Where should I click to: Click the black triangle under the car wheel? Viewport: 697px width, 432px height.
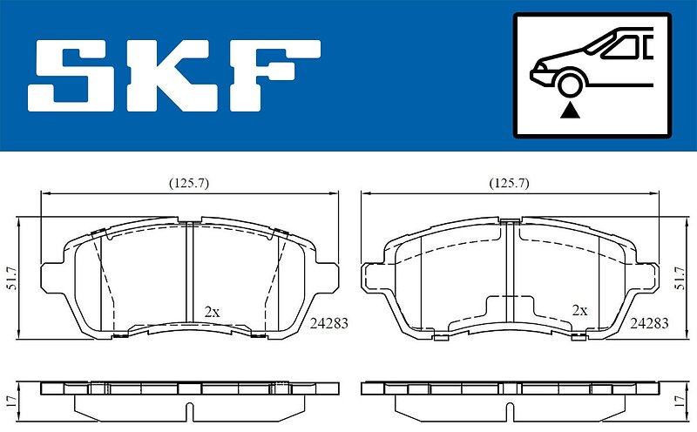point(570,111)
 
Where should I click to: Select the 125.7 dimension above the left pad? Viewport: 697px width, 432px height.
point(189,183)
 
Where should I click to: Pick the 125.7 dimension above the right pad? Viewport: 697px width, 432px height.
point(510,183)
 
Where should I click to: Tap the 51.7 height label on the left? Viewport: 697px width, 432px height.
point(12,278)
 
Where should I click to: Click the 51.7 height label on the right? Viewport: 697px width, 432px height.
point(680,278)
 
